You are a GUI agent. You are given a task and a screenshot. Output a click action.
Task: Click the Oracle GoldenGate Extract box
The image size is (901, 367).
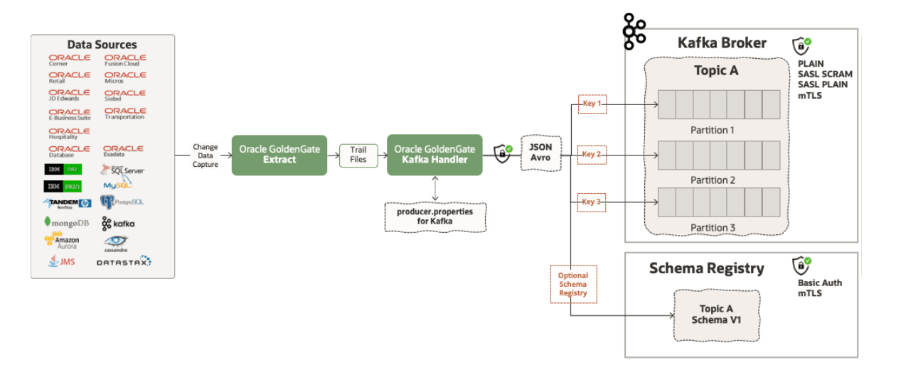[279, 155]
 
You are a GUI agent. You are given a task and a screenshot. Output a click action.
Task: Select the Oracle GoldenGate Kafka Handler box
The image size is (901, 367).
[434, 155]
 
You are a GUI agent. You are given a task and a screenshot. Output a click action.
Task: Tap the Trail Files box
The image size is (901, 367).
[358, 155]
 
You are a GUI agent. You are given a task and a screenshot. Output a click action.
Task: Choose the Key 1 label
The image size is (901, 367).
[592, 104]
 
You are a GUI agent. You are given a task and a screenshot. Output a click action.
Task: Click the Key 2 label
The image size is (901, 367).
[592, 154]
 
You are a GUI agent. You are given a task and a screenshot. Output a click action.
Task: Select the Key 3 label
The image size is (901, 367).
[592, 202]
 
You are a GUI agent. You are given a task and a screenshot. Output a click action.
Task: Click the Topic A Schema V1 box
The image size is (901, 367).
[716, 314]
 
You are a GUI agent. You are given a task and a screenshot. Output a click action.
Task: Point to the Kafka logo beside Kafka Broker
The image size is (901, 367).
[634, 31]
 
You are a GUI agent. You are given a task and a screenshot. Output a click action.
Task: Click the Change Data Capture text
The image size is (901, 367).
[206, 155]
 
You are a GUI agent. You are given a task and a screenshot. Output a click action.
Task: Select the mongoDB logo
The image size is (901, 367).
[67, 222]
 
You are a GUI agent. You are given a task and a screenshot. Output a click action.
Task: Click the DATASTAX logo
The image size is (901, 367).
[124, 261]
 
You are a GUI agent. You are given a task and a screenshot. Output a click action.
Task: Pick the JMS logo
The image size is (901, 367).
[62, 261]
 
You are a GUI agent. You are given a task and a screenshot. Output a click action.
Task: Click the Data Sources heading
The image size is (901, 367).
[102, 45]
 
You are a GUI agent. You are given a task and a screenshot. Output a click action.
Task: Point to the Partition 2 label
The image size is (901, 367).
[713, 180]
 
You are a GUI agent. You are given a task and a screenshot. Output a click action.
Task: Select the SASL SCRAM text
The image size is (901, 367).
[825, 74]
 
